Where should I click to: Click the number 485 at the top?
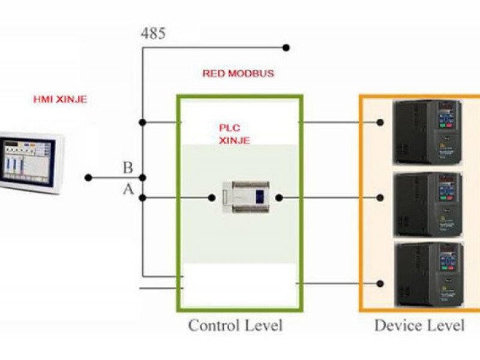153,33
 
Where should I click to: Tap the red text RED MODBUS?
238,74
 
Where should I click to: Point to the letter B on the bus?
128,167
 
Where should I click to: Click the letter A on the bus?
128,189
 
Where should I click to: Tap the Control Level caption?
235,326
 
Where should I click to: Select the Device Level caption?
419,326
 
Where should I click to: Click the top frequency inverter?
427,131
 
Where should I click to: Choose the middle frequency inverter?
427,204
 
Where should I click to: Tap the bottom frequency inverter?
427,275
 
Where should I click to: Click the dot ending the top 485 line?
286,47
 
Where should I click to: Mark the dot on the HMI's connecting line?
88,178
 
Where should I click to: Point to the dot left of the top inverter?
380,122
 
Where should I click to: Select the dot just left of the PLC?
211,197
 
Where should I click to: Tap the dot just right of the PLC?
279,197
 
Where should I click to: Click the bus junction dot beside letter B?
142,178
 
